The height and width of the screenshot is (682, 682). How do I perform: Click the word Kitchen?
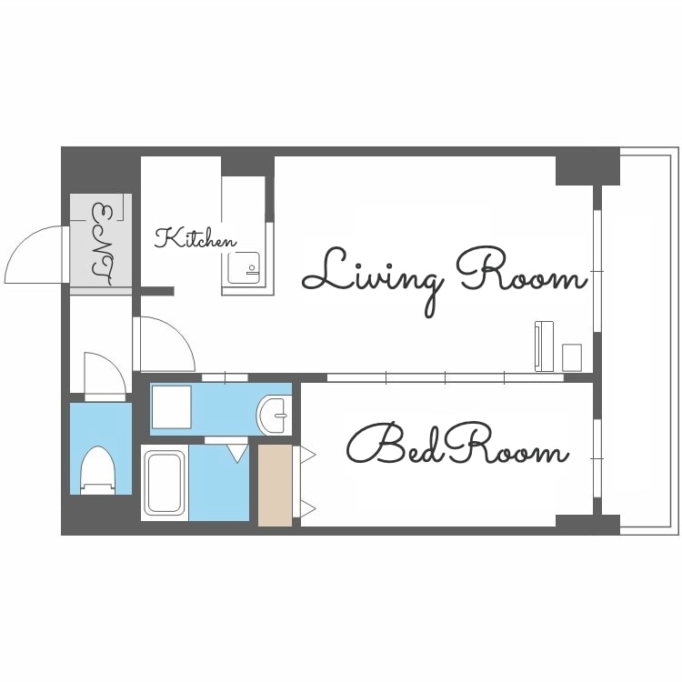[196, 238]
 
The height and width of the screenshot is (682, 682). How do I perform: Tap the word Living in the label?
[373, 278]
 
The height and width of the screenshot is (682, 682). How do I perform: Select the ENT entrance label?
[102, 244]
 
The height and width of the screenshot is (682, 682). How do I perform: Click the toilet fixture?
[98, 470]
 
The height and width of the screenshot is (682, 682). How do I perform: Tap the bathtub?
[165, 482]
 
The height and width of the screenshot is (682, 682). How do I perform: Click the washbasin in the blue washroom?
[273, 416]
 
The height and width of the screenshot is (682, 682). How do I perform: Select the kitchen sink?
[244, 268]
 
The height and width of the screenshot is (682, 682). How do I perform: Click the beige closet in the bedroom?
[275, 485]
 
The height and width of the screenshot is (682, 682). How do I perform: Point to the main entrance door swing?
[35, 255]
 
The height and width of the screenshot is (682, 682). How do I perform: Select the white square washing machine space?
[171, 406]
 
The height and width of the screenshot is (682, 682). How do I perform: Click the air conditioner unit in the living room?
[544, 346]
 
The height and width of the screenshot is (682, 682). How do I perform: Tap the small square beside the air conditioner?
[572, 357]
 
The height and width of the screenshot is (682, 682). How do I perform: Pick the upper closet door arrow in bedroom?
[307, 456]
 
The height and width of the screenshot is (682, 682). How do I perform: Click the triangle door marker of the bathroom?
[237, 453]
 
